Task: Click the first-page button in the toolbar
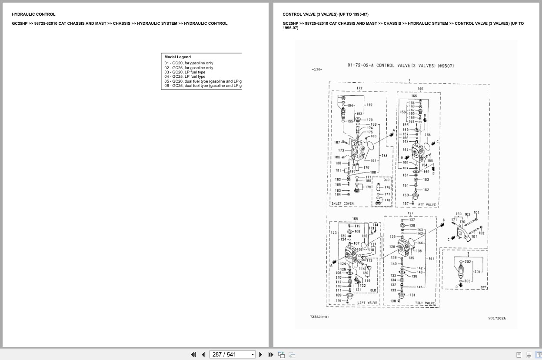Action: click(193, 355)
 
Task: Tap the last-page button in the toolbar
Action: click(270, 355)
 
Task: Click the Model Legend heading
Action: click(177, 57)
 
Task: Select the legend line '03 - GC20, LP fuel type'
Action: click(185, 72)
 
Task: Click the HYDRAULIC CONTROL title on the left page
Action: click(33, 14)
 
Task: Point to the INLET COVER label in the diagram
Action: click(342, 203)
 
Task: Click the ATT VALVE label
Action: click(426, 204)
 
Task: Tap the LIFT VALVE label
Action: click(367, 303)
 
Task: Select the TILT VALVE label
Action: click(425, 303)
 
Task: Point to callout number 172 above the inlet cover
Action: click(359, 88)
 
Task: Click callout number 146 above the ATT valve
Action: click(420, 88)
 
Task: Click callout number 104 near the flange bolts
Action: click(476, 213)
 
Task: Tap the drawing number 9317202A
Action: click(497, 318)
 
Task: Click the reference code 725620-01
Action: click(319, 317)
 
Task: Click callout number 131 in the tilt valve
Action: click(412, 295)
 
